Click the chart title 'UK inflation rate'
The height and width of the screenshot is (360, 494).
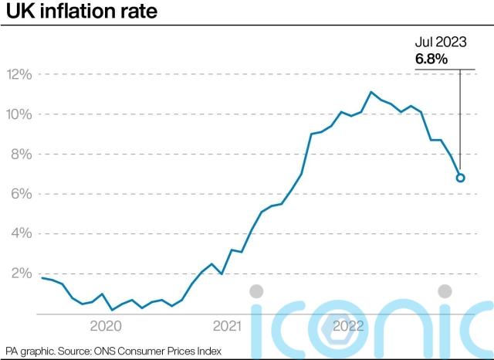[61, 12]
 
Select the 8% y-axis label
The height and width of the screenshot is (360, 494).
[21, 155]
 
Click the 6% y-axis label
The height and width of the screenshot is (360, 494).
[21, 195]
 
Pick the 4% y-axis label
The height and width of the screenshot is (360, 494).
[21, 234]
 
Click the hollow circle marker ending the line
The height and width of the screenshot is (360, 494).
[460, 178]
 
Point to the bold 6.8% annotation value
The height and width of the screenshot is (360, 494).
[431, 59]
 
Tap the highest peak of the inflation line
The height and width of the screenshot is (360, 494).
[371, 93]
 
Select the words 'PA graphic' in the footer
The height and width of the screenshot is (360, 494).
[28, 351]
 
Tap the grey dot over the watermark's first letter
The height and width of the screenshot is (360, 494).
[256, 291]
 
